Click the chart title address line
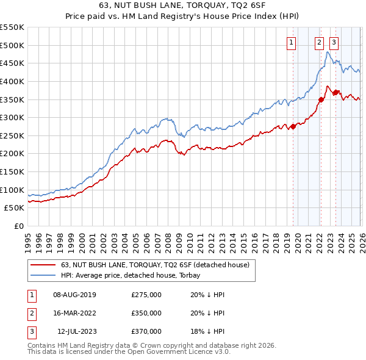[x=182, y=6]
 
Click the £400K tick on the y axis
[x=12, y=81]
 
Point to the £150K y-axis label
[x=12, y=172]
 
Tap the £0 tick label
[x=18, y=226]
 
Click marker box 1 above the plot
[x=292, y=42]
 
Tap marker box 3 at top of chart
[x=334, y=42]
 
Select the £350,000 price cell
[x=146, y=313]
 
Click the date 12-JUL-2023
[x=77, y=331]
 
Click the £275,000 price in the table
[x=146, y=295]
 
